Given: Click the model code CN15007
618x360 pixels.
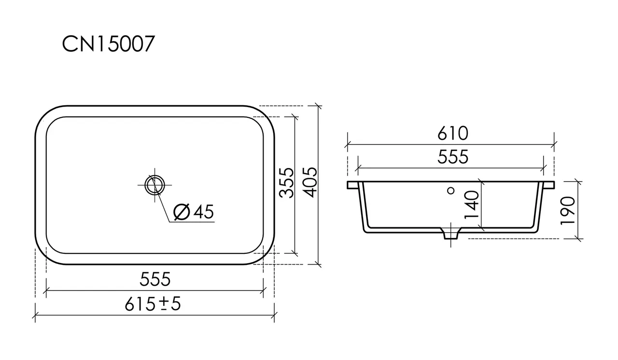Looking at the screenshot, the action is (108, 44).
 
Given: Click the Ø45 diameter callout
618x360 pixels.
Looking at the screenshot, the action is (194, 212).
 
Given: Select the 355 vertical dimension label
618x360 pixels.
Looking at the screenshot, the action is (286, 183).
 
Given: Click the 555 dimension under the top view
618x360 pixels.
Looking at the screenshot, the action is (155, 279).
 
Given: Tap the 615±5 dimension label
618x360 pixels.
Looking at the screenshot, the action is (153, 304).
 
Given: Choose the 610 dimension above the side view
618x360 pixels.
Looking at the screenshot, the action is (453, 133).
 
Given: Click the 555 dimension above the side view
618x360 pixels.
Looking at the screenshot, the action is (453, 157).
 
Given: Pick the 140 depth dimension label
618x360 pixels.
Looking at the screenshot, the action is (472, 205).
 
